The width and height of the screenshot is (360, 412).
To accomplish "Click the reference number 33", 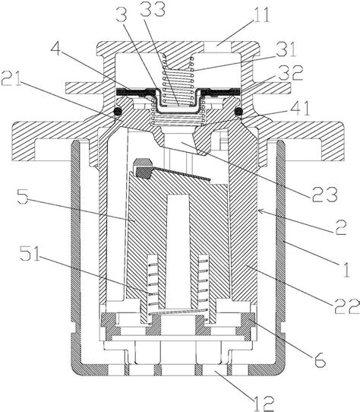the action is [x=153, y=9].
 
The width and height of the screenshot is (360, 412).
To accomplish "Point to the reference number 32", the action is [x=291, y=73].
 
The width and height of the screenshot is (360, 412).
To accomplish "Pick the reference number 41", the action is [x=299, y=108].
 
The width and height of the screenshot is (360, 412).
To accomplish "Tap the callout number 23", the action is [x=324, y=194].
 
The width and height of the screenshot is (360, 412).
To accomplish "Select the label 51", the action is [x=30, y=253].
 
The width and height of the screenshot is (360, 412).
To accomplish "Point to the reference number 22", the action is [x=346, y=306].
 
